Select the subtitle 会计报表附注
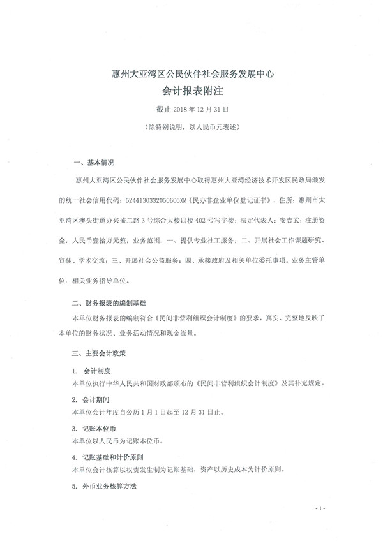pos(191,92)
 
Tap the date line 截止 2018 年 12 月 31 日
pos(191,110)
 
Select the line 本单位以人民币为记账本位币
pos(122,441)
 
